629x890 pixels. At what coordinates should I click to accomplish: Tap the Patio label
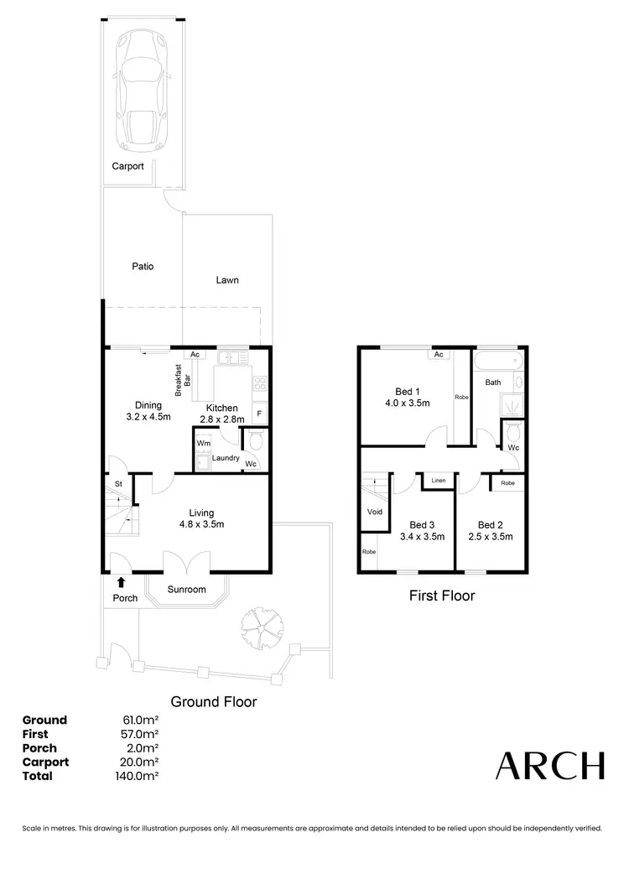pyautogui.click(x=143, y=267)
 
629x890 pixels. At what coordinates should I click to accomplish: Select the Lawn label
pyautogui.click(x=226, y=280)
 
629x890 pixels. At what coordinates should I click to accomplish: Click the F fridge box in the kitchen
pyautogui.click(x=259, y=414)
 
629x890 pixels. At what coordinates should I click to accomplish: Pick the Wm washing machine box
pyautogui.click(x=203, y=442)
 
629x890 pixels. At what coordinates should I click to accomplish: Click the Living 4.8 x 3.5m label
pyautogui.click(x=201, y=518)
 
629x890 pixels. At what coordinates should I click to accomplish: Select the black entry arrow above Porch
pyautogui.click(x=121, y=581)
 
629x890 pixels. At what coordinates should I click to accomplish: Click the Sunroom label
pyautogui.click(x=186, y=590)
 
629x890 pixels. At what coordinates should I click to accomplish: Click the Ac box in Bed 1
pyautogui.click(x=438, y=355)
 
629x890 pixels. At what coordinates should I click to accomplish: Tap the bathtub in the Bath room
pyautogui.click(x=499, y=363)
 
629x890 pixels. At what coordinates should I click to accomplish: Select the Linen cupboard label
pyautogui.click(x=438, y=481)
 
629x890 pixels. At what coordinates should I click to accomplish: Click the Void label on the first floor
pyautogui.click(x=374, y=511)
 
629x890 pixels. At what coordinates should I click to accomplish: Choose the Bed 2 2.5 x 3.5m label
pyautogui.click(x=490, y=531)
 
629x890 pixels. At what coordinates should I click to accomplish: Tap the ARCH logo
pyautogui.click(x=549, y=766)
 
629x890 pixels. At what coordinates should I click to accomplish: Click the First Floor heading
pyautogui.click(x=441, y=596)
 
